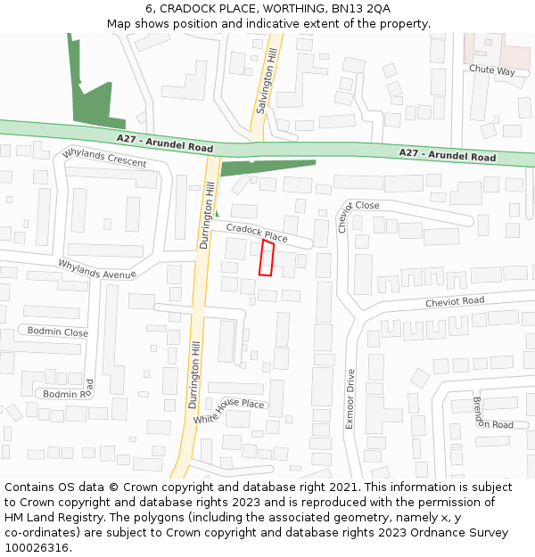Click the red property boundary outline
266,258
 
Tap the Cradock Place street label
257,233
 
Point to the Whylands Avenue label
97,269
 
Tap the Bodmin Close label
58,332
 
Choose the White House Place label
229,410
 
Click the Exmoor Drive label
350,399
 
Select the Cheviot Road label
455,301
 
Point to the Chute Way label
492,70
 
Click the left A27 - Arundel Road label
165,143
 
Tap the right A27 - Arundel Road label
447,155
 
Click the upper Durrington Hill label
208,214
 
